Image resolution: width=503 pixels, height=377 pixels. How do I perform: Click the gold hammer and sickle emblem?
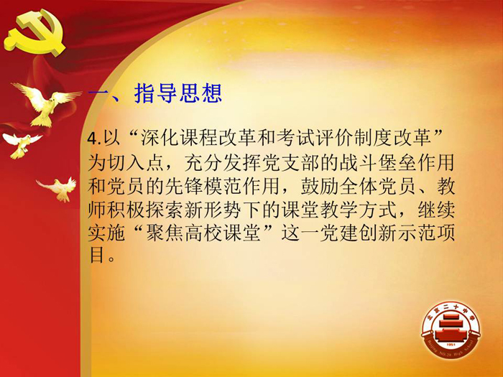pyautogui.click(x=34, y=33)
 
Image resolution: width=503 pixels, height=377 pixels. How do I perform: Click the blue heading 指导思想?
pyautogui.click(x=178, y=93)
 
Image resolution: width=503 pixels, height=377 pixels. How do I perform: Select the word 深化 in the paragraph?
pyautogui.click(x=160, y=138)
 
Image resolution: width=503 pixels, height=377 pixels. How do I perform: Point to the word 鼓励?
pyautogui.click(x=320, y=186)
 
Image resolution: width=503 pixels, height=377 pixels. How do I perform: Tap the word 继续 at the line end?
pyautogui.click(x=436, y=210)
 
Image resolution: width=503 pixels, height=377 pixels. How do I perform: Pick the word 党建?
pyautogui.click(x=338, y=233)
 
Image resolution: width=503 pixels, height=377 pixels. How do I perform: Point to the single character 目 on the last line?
pyautogui.click(x=96, y=256)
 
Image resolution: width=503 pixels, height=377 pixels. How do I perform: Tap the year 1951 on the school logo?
pyautogui.click(x=451, y=345)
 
